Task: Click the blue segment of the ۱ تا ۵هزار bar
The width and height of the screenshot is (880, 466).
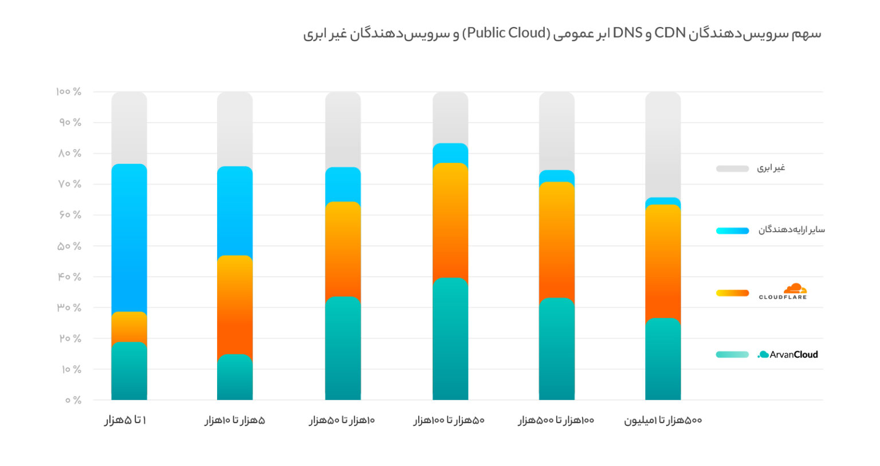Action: point(129,238)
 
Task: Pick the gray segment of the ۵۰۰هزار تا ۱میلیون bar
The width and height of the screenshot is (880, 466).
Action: point(663,143)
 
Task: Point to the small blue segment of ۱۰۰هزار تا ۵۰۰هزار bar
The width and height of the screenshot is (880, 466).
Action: point(556,176)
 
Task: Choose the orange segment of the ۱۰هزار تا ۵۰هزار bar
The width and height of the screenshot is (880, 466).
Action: point(343,249)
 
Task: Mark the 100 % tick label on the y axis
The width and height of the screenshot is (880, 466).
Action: point(69,92)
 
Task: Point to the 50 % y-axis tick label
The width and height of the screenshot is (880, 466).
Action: point(69,246)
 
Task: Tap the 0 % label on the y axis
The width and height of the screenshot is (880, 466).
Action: point(73,401)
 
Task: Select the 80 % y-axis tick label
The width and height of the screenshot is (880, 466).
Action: point(69,154)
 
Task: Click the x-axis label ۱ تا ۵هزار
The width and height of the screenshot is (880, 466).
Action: point(125,421)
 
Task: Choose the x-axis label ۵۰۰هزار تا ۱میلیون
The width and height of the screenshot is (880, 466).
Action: point(663,421)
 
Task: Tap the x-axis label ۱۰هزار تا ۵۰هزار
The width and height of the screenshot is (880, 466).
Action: point(341,421)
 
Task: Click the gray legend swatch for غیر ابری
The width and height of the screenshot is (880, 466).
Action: point(732,169)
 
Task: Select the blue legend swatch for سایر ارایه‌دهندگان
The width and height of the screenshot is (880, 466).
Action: point(732,230)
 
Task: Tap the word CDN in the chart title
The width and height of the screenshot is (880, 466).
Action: point(670,33)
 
